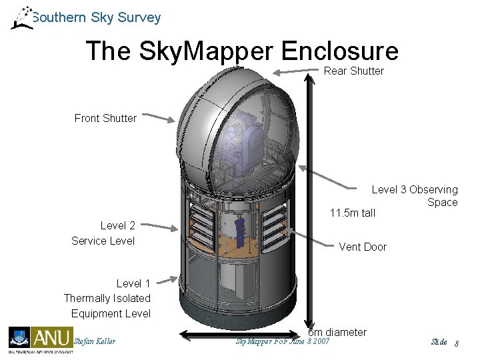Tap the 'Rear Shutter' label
[353, 71]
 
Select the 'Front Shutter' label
[105, 118]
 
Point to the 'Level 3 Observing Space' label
[414, 196]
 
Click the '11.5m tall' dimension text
[352, 213]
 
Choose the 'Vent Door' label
[362, 247]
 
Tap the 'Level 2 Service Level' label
[103, 233]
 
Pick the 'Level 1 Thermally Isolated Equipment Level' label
[107, 299]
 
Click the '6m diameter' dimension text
[337, 332]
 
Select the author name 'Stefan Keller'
[95, 342]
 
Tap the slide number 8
[457, 343]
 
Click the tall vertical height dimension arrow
[309, 200]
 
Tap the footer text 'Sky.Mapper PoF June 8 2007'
[283, 342]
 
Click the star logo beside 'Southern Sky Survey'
[21, 18]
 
